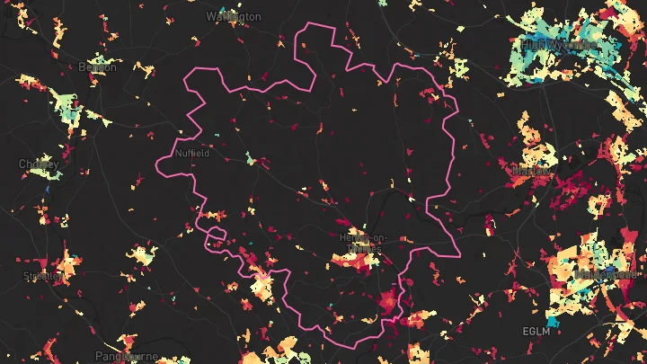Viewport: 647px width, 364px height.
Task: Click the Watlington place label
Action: (233, 16)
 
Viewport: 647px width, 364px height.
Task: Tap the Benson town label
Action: (98, 67)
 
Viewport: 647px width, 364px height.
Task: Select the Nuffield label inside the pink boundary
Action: (192, 153)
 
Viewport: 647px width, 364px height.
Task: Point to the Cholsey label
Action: (39, 164)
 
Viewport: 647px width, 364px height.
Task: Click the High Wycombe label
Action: (559, 43)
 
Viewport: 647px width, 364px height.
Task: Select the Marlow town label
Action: (529, 170)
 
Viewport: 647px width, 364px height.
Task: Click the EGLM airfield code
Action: (534, 332)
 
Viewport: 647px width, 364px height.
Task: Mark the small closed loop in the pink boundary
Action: (215, 236)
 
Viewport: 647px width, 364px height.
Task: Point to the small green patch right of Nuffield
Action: (251, 159)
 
